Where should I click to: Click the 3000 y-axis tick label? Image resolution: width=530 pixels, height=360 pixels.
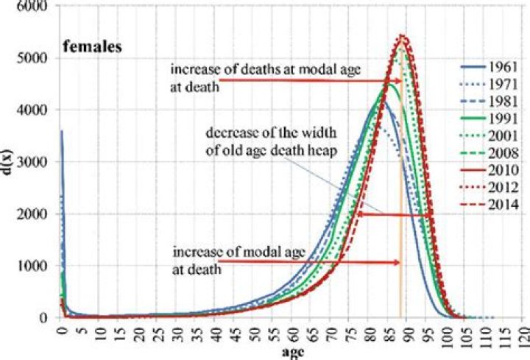tap(35, 162)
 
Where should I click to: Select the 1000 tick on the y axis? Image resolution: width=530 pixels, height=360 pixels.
tap(35, 267)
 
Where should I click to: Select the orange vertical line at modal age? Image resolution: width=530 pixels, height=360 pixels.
tap(400, 221)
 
